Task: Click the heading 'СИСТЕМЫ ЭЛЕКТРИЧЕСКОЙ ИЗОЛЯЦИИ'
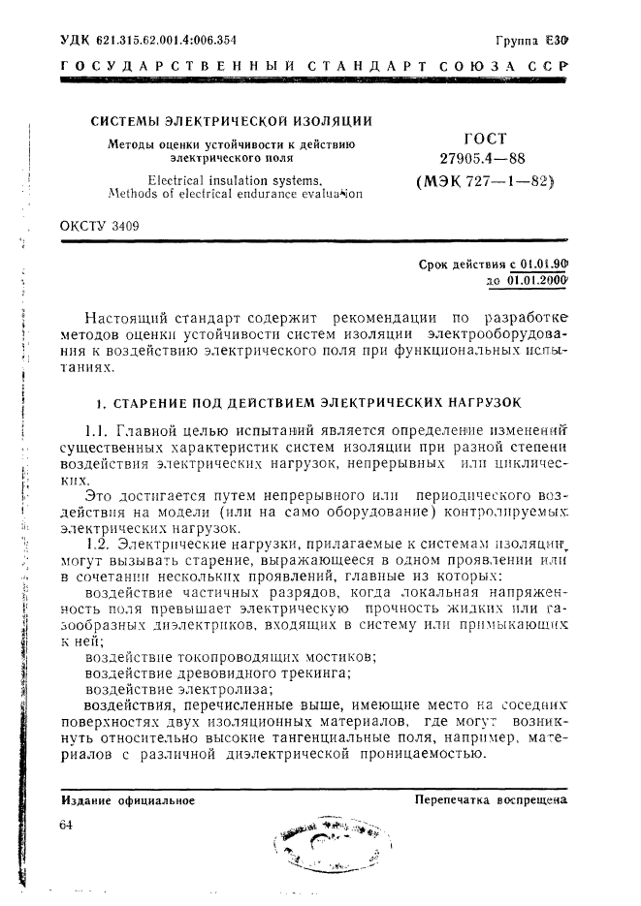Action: click(x=232, y=121)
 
